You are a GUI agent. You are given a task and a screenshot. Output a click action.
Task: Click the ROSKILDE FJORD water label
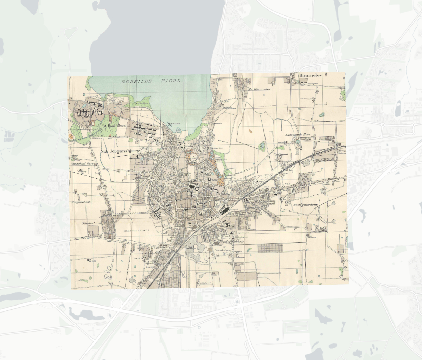coord(151,81)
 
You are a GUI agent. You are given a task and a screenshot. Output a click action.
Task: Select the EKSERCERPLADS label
coord(136,230)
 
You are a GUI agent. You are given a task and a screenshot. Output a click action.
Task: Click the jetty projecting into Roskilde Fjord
coord(172,124)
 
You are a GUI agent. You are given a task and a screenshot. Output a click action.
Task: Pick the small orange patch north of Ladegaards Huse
coord(250,131)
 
